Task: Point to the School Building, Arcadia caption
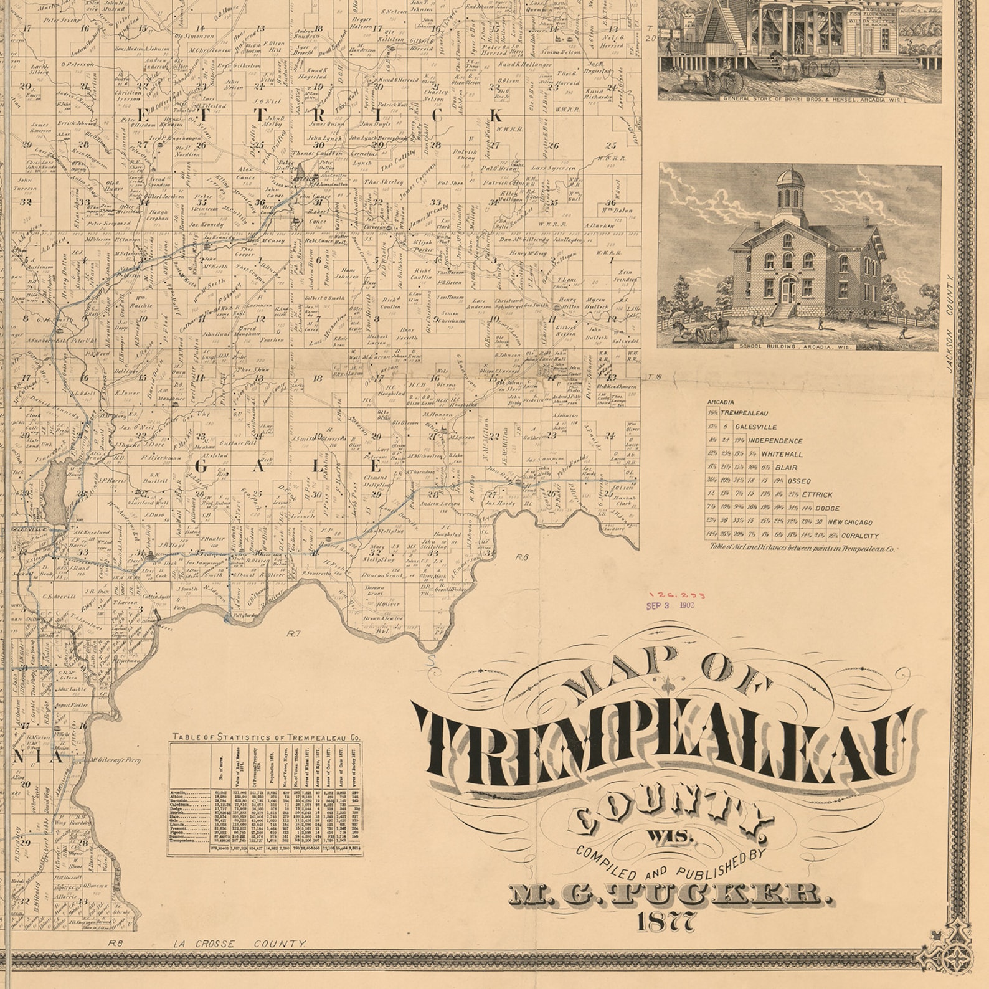(x=798, y=346)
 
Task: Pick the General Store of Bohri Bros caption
(x=812, y=99)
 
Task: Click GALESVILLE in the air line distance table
(x=755, y=427)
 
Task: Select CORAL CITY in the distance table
(x=859, y=536)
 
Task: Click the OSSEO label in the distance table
(x=799, y=481)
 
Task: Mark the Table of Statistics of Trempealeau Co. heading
(x=267, y=737)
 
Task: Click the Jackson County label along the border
(x=950, y=324)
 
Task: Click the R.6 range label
(x=521, y=557)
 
